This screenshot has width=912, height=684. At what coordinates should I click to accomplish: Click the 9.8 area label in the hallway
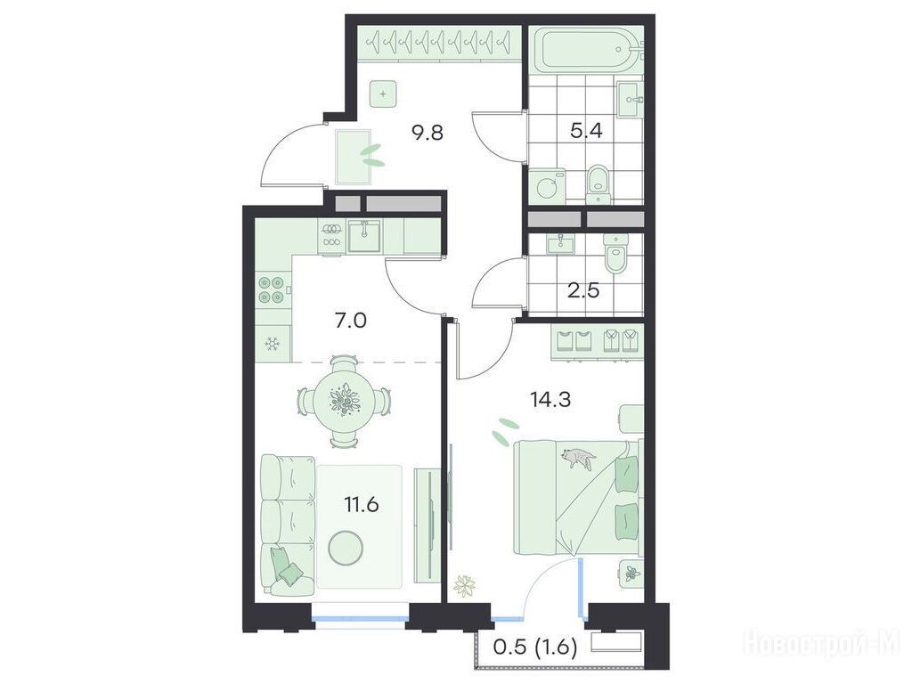[x=427, y=134]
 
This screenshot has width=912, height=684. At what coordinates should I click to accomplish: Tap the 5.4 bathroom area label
[x=586, y=130]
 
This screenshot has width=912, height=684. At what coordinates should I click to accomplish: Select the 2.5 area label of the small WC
[x=583, y=289]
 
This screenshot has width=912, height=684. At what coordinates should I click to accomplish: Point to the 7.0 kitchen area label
[x=351, y=320]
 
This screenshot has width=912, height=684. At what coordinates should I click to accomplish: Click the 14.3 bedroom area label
[x=550, y=400]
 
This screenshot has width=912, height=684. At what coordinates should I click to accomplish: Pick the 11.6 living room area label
[x=362, y=504]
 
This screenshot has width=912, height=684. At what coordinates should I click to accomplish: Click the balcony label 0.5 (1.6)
[x=535, y=647]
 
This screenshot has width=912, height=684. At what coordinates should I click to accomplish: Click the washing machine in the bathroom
[x=548, y=186]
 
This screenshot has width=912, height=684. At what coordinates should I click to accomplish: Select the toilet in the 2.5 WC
[x=614, y=254]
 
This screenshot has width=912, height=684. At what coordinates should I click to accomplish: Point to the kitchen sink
[x=364, y=235]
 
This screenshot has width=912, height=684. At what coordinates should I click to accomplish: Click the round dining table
[x=345, y=402]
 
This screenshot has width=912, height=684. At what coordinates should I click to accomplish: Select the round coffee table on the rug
[x=345, y=548]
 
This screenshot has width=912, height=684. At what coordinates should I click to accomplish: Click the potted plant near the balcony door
[x=465, y=585]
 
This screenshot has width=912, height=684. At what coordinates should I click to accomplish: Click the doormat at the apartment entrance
[x=354, y=157]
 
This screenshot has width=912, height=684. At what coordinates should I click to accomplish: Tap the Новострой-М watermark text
[x=822, y=645]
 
